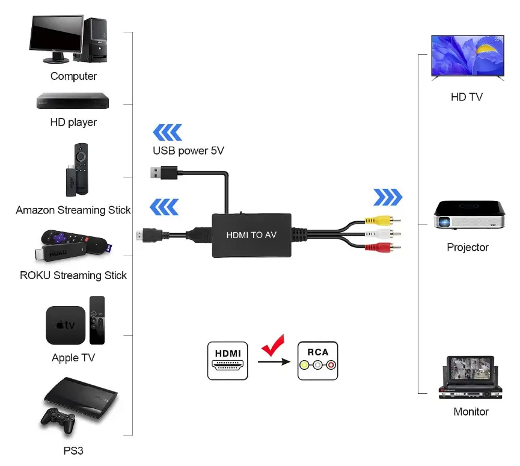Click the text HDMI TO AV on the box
(251, 235)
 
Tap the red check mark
(273, 346)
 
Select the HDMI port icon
(228, 361)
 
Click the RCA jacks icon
(317, 361)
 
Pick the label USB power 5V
(188, 150)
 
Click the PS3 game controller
(58, 420)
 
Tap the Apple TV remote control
(97, 319)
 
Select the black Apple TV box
(66, 325)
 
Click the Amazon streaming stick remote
(81, 168)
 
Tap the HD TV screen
(467, 55)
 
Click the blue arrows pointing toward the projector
(388, 197)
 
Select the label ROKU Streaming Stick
(73, 275)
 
